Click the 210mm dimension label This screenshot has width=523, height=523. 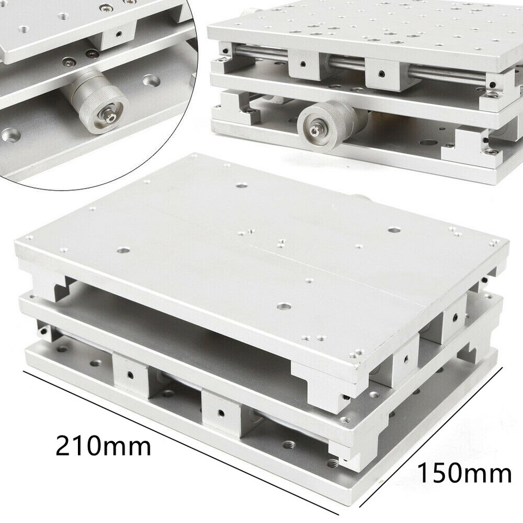103,447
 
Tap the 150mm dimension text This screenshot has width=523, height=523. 465,472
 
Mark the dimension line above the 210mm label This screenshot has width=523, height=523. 180,441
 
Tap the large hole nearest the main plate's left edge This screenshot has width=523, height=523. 123,251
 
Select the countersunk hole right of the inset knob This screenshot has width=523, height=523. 149,81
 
